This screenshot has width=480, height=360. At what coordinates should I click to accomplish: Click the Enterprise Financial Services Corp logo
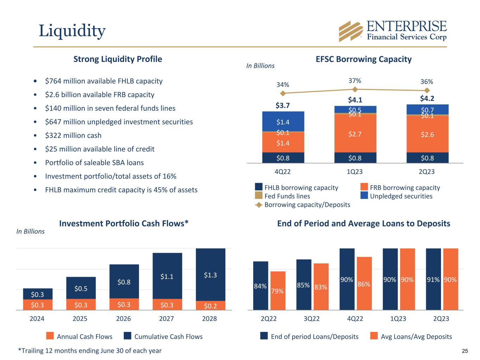(392, 31)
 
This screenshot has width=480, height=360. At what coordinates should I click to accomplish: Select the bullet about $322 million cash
(73, 135)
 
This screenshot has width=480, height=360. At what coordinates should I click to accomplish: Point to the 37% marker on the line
(355, 89)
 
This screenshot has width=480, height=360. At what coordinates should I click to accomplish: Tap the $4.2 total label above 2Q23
(427, 98)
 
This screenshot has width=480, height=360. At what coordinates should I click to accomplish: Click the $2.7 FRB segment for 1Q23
(355, 134)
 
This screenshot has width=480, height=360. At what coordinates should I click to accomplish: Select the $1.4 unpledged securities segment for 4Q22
(283, 122)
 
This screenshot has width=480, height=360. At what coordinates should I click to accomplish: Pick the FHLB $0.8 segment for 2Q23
(427, 158)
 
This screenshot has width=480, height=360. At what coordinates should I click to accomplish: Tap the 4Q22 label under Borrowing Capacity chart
(283, 172)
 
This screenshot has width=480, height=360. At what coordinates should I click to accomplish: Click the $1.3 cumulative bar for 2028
(210, 275)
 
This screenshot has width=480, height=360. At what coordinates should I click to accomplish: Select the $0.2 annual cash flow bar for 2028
(210, 306)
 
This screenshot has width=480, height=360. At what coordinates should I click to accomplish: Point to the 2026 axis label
(123, 319)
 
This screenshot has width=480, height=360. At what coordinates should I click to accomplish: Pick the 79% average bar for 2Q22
(278, 291)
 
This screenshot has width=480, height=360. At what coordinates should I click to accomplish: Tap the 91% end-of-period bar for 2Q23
(433, 279)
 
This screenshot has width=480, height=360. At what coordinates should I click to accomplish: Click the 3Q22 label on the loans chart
(312, 319)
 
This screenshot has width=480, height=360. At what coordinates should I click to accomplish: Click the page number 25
(465, 351)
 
